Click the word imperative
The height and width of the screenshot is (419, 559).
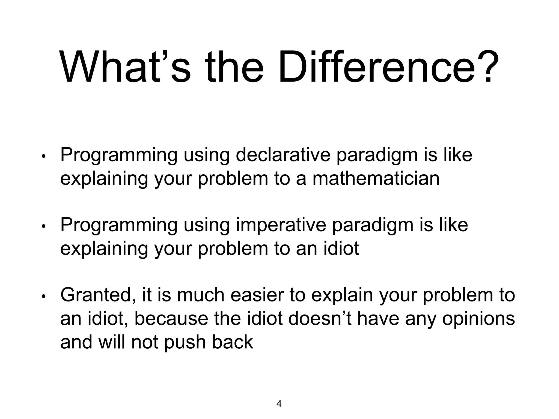tap(281, 225)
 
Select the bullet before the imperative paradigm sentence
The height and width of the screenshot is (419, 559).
tap(43, 227)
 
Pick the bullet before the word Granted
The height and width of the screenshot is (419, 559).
tap(43, 297)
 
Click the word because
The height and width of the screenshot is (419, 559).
tap(171, 319)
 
